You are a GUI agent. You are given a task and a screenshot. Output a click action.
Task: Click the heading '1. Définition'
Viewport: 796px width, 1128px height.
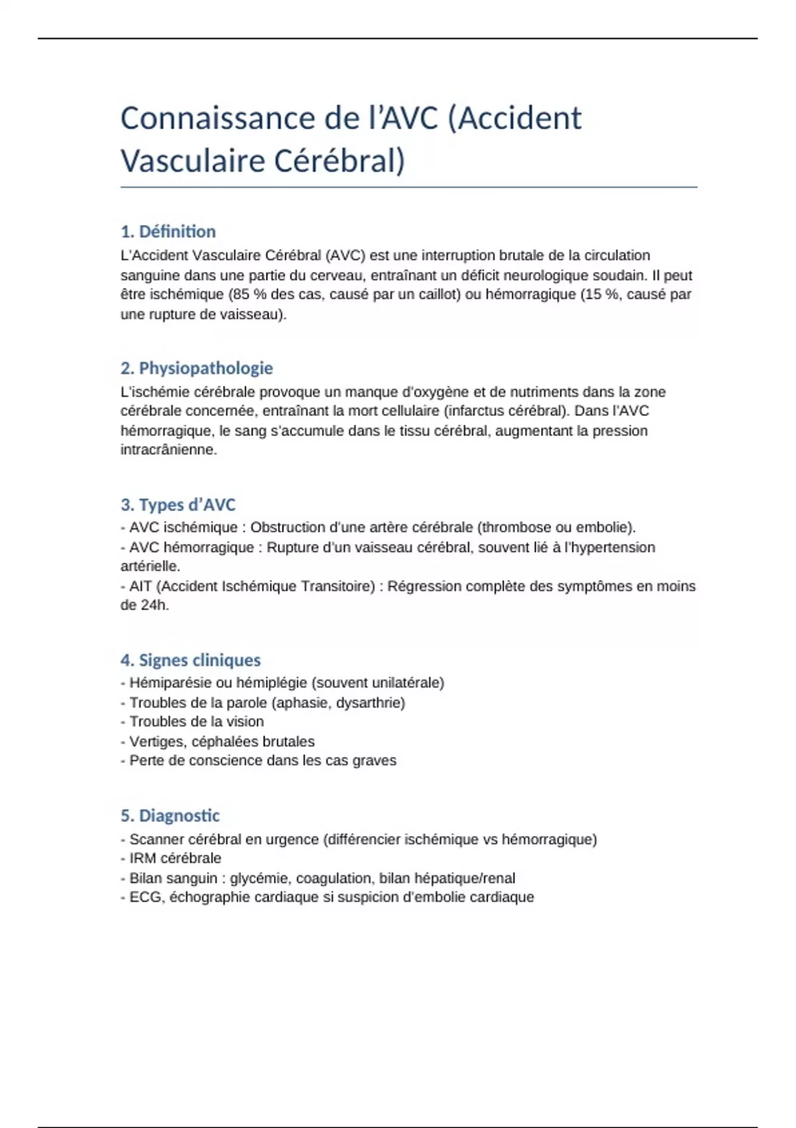168,232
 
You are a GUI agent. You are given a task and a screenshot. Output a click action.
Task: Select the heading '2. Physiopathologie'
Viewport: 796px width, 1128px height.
196,368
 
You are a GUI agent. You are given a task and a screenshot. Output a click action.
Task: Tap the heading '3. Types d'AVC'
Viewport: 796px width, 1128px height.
178,505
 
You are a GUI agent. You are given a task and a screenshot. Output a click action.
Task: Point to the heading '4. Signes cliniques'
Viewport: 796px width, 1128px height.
190,660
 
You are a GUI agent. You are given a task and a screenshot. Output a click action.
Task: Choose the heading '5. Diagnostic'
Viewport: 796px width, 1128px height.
170,815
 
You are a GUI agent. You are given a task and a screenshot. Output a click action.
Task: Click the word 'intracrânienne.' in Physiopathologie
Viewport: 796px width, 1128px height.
168,450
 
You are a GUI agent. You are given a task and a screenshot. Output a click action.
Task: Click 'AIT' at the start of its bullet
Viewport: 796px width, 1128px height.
141,587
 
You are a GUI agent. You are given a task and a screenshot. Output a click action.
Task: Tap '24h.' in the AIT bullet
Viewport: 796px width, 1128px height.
154,605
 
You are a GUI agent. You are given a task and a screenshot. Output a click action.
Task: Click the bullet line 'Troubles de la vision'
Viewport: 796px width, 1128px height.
196,722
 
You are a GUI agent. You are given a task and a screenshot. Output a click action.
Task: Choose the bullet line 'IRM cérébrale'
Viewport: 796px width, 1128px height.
175,859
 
